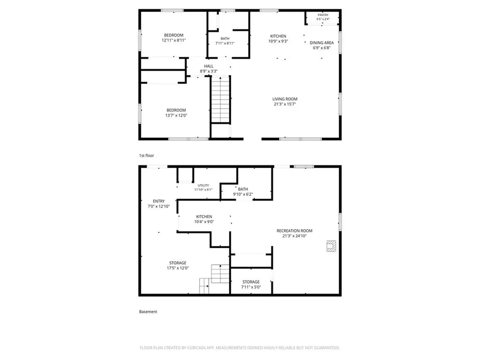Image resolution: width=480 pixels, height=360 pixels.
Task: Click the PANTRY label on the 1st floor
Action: coord(323,15)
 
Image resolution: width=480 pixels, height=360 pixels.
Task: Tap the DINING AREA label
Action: coord(322,43)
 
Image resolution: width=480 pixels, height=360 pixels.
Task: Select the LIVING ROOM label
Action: coord(285,99)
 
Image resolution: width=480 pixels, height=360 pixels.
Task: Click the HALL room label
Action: coord(209,66)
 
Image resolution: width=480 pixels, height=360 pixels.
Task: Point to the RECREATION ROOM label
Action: coord(294,231)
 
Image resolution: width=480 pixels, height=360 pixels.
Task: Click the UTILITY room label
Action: coord(203,186)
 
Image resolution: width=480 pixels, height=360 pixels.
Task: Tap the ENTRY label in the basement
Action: coord(158,201)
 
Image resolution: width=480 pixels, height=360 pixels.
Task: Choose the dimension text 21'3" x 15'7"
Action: coord(285,104)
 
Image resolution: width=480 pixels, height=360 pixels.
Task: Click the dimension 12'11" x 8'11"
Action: coord(173,40)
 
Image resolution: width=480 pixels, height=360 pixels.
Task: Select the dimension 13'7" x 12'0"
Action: coord(176,115)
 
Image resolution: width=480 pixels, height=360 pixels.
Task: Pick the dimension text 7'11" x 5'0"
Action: coord(251,287)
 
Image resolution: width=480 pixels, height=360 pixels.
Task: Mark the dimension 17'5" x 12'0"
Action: coord(178,268)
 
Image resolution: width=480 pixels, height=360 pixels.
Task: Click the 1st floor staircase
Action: coord(220,100)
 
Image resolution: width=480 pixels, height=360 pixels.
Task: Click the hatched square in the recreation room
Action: coord(331,246)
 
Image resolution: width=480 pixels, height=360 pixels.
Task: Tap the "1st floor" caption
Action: coord(146,156)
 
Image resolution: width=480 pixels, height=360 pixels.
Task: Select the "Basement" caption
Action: coord(148,312)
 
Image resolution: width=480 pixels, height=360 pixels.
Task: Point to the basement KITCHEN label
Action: coord(204,217)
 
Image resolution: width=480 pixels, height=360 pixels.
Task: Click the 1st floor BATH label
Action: coord(225,38)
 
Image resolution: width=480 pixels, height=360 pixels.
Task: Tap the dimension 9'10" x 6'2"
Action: coord(243,195)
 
